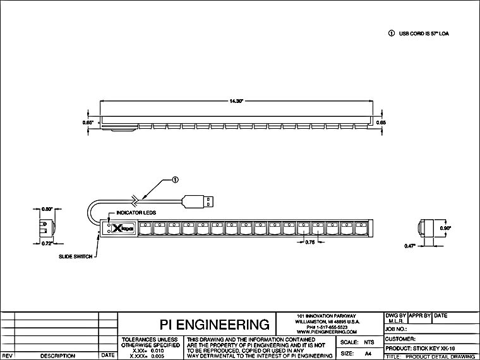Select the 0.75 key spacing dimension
point(310,242)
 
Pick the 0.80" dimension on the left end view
point(46,208)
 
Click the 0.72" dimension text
point(46,243)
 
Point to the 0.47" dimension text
point(411,246)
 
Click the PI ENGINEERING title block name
point(197,325)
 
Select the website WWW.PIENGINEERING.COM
point(327,332)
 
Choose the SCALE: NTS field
point(357,342)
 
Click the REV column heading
point(7,356)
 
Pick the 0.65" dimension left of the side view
point(88,122)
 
